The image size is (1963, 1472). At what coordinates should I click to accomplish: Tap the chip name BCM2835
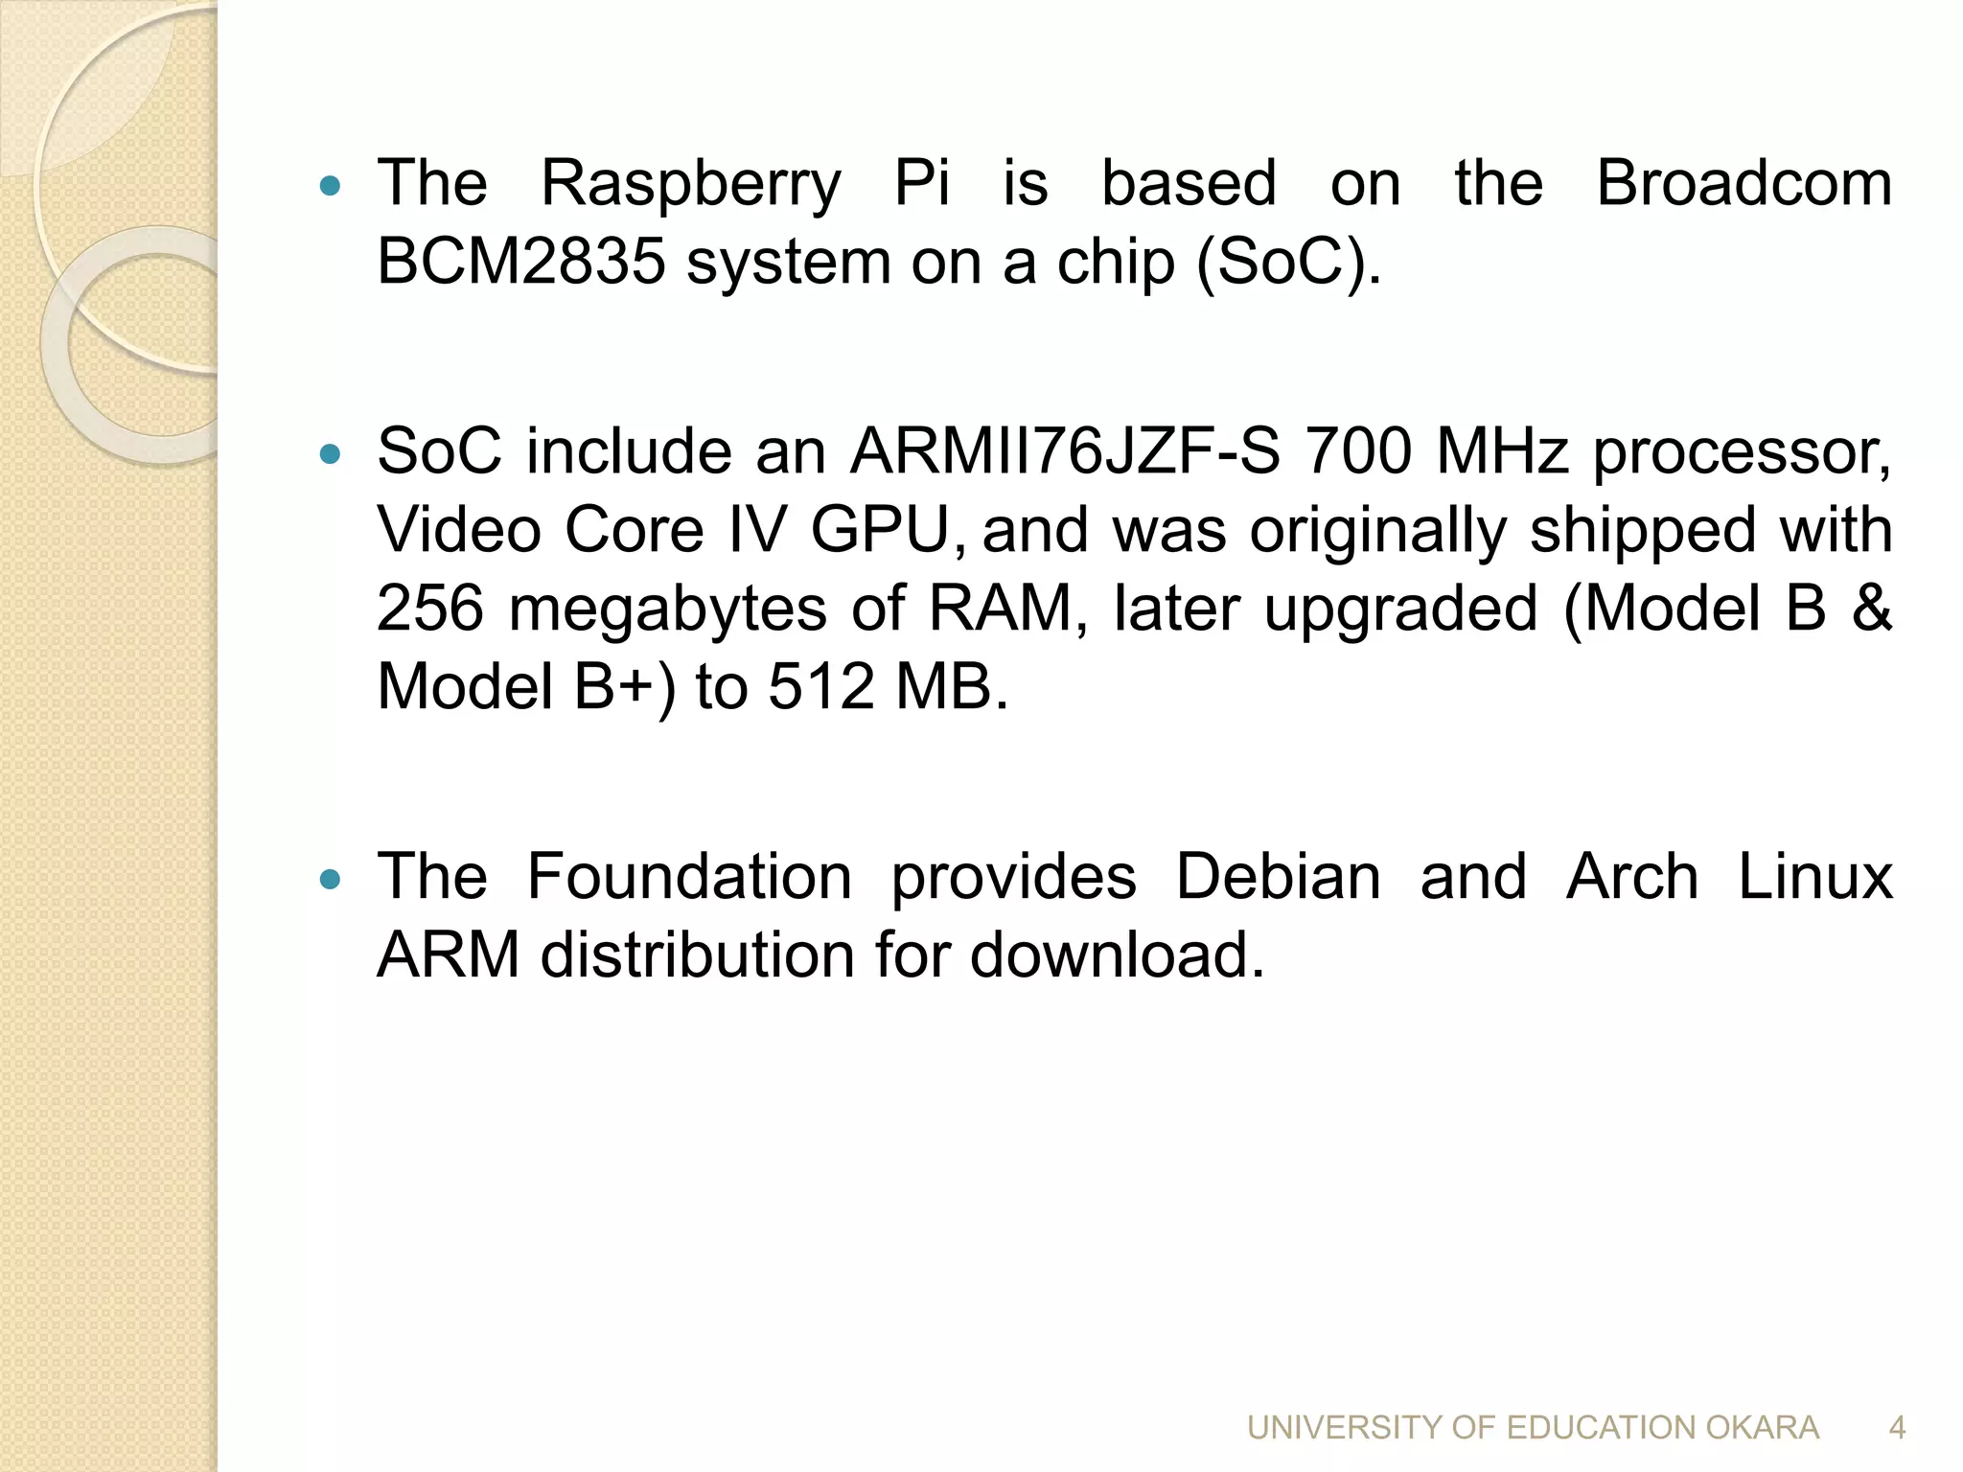tap(520, 262)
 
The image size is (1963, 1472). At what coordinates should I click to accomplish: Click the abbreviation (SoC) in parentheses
tap(1288, 262)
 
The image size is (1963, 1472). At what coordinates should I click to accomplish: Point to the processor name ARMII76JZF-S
tap(1064, 451)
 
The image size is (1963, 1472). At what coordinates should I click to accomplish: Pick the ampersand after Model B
tap(1872, 609)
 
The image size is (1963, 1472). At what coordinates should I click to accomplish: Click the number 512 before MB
tap(821, 687)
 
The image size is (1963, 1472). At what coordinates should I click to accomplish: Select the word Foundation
tap(689, 877)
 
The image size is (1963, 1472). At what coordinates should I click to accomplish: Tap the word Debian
tap(1278, 877)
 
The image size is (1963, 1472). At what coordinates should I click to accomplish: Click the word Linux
tap(1815, 877)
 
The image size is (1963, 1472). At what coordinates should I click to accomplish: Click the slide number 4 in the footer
tap(1897, 1428)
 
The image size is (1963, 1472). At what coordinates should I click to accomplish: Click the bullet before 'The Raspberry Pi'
tap(329, 186)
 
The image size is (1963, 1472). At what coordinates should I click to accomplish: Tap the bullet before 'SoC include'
tap(329, 454)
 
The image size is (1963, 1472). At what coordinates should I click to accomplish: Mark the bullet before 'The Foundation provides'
tap(329, 880)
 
